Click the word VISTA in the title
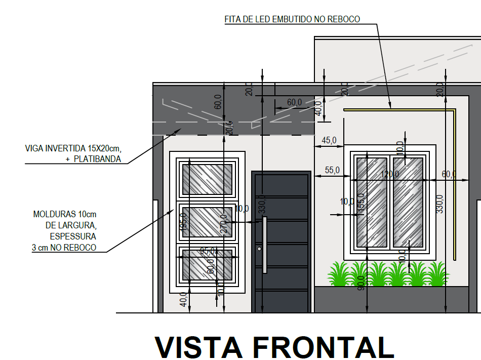198,347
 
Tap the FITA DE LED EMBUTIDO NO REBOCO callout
292,19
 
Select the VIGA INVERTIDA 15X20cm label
73,148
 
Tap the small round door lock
259,250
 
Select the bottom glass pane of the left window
207,264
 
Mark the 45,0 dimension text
329,140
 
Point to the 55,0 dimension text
332,171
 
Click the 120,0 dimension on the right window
390,174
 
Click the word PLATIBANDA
97,158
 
